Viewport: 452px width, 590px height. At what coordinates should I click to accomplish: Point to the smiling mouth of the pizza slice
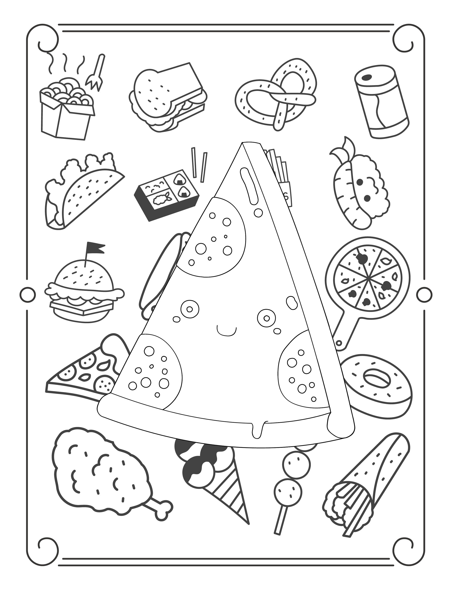coord(226,331)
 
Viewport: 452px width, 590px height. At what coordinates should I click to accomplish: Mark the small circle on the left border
coord(28,293)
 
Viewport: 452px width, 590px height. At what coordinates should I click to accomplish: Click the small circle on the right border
coord(424,293)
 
